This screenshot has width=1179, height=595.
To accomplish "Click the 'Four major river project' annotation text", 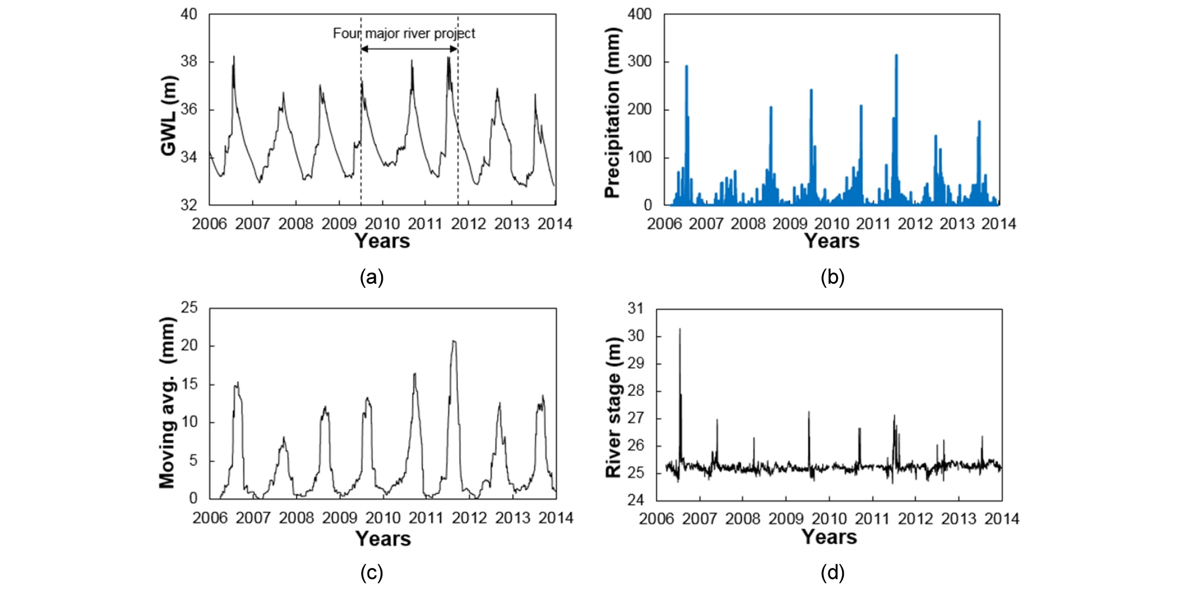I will pyautogui.click(x=404, y=33).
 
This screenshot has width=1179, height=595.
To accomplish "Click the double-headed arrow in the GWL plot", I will pyautogui.click(x=409, y=49).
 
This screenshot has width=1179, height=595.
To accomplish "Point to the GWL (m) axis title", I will pyautogui.click(x=169, y=116).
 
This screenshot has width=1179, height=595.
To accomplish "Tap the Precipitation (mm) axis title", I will pyautogui.click(x=612, y=113).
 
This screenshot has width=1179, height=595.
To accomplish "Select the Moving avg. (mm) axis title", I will pyautogui.click(x=167, y=403).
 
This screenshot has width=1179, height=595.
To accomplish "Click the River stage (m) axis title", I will pyautogui.click(x=613, y=408).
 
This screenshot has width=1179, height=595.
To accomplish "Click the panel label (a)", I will pyautogui.click(x=372, y=277).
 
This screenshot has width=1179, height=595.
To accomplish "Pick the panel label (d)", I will pyautogui.click(x=832, y=572).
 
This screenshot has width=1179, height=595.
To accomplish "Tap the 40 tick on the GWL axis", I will pyautogui.click(x=188, y=14).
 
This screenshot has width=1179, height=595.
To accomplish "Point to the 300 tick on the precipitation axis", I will pyautogui.click(x=639, y=62).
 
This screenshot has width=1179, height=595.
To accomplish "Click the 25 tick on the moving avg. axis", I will pyautogui.click(x=189, y=308).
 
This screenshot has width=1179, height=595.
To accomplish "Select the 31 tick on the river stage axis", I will pyautogui.click(x=635, y=308).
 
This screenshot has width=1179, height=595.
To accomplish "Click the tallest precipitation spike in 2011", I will pyautogui.click(x=896, y=56).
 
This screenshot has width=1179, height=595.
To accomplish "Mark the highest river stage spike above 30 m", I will pyautogui.click(x=680, y=330).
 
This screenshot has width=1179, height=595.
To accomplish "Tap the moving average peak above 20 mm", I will pyautogui.click(x=453, y=342).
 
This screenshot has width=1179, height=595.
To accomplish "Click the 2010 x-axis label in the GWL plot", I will pyautogui.click(x=382, y=224).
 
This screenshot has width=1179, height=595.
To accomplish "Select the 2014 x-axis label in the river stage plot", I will pyautogui.click(x=1002, y=519).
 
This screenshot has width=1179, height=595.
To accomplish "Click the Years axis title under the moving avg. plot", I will pyautogui.click(x=383, y=539).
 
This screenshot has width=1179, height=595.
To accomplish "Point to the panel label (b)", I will pyautogui.click(x=832, y=277).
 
